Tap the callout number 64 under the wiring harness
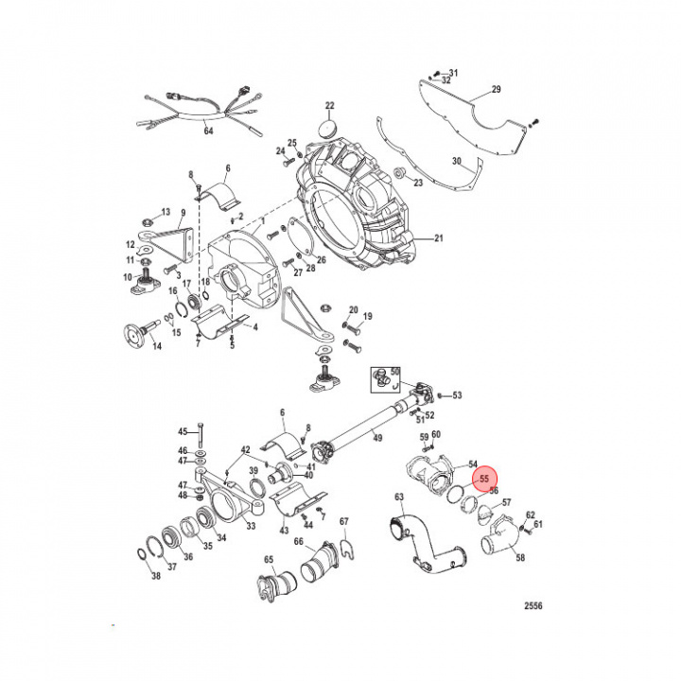(x=208, y=131)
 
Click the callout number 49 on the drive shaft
(x=376, y=438)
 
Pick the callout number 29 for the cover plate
(x=495, y=91)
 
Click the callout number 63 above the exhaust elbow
(x=399, y=498)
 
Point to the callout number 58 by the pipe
(x=519, y=559)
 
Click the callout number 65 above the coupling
(x=269, y=560)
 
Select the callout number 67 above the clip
(x=344, y=521)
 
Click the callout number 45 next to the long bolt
(x=183, y=431)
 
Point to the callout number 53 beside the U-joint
(x=456, y=395)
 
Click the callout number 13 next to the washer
(x=165, y=211)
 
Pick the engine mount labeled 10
(x=145, y=282)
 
